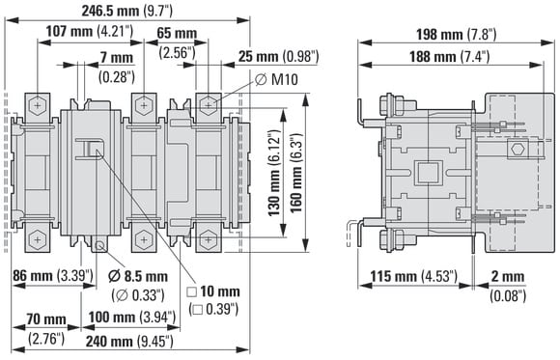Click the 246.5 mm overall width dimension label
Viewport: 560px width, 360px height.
click(127, 11)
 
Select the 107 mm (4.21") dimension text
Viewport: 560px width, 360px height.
click(89, 32)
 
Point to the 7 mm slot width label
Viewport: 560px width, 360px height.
click(117, 68)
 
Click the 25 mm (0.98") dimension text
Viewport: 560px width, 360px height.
click(278, 56)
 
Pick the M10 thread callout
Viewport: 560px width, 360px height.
click(277, 79)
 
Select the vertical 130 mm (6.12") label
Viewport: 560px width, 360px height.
click(274, 173)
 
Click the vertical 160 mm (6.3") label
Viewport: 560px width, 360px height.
click(296, 173)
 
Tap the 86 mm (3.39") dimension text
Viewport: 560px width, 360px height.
click(53, 275)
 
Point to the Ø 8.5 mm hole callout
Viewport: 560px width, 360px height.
click(138, 286)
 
